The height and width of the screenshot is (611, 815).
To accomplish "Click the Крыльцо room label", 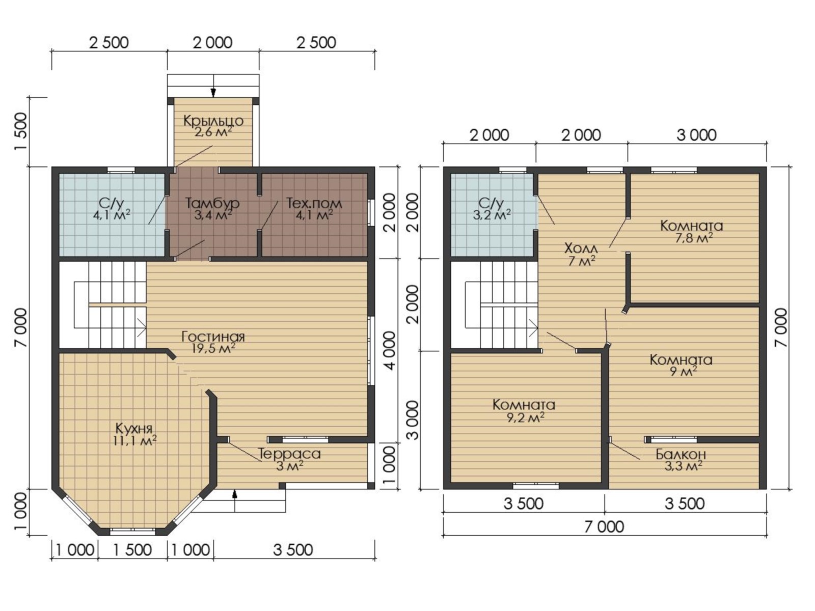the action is pos(213,121).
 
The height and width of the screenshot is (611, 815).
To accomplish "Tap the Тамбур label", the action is pos(212,203).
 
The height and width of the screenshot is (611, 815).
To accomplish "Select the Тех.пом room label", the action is pos(314,203).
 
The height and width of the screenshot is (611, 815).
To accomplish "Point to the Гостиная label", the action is pos(213,337).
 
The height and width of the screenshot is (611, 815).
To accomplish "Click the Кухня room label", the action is pos(133,429).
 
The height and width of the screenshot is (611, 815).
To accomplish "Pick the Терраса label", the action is pos(289,454).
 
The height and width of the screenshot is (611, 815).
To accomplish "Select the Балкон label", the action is pos(681,454).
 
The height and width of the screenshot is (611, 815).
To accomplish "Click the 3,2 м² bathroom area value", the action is pos(492,214).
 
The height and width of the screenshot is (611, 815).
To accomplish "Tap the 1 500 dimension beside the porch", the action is pos(21,131).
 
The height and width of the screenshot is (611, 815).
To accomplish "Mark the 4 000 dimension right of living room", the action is pos(390,351).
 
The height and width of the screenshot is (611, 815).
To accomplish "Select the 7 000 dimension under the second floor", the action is pos(604,527).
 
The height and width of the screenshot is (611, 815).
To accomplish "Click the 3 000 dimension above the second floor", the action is pos(696,135).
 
